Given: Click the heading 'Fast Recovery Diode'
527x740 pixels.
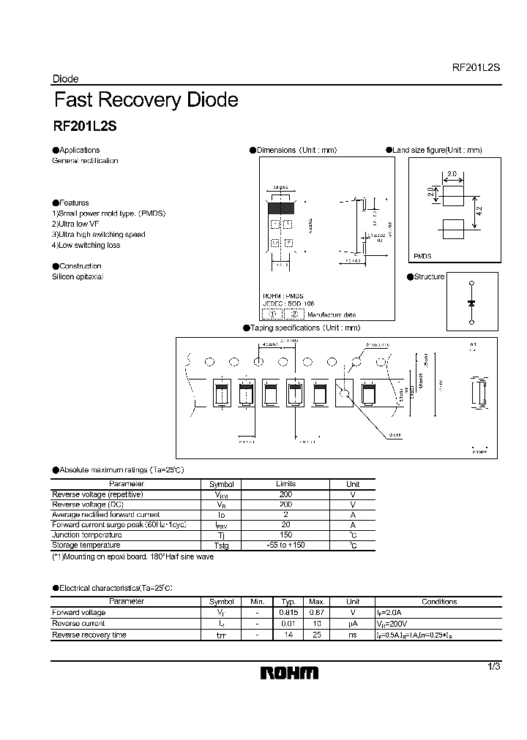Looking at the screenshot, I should point(146,99).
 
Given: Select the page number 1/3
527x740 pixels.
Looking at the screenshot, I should point(494,666).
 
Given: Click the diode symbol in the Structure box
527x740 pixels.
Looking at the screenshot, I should point(470,302).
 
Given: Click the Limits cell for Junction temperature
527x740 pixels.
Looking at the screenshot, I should point(285,535).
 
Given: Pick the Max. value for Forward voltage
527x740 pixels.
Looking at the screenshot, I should point(317,613).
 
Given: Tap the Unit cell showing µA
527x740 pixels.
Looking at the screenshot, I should point(352,624).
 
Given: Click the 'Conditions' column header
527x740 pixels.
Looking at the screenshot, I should point(439,602).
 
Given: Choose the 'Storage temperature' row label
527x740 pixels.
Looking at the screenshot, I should point(86,545).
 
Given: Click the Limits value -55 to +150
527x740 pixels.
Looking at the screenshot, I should point(285,545).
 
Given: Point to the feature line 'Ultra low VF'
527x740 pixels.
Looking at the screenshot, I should point(80,224).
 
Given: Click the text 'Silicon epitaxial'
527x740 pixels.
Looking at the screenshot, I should point(78,277).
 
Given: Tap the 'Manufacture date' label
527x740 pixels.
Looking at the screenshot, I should point(332,314).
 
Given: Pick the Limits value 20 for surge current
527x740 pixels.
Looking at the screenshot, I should point(285,525).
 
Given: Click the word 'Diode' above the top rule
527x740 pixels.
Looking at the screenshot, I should point(66,79).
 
